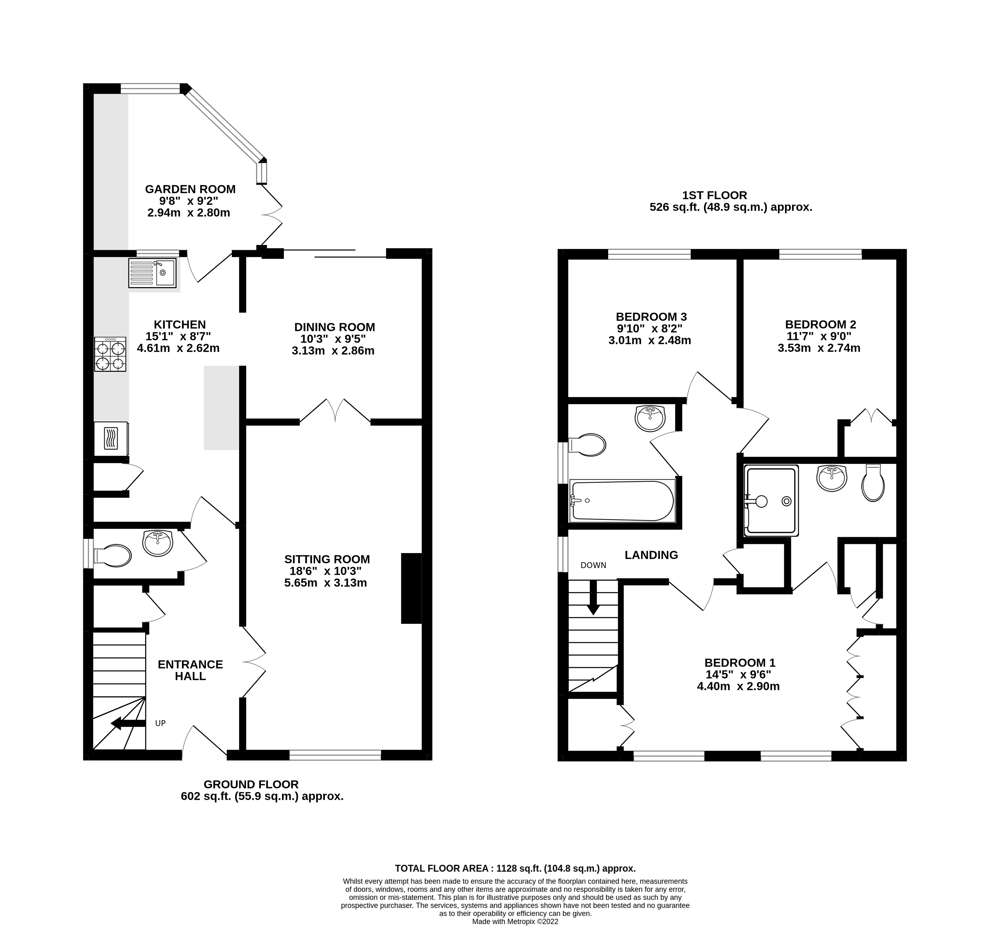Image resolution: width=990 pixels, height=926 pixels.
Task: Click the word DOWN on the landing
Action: click(593, 565)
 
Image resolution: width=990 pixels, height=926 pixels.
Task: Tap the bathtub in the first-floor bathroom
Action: click(623, 501)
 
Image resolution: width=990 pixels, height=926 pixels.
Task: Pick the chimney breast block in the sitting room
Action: click(411, 588)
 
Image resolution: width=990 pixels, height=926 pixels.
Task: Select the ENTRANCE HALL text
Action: click(190, 670)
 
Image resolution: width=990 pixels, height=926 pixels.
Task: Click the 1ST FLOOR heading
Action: click(714, 195)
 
